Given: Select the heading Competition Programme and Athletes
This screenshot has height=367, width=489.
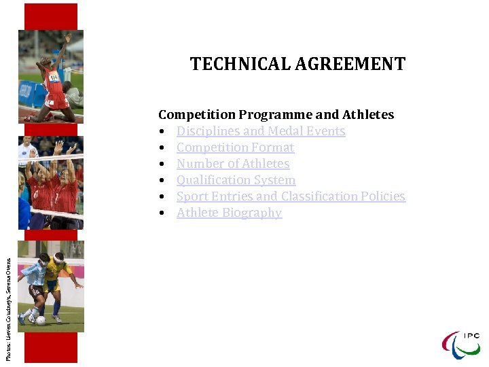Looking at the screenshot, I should [x=276, y=115].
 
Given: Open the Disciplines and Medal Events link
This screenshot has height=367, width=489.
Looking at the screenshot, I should [x=261, y=131].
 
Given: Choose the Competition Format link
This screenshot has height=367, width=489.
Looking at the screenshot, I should [x=235, y=147].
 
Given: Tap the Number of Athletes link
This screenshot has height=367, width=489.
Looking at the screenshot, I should [x=233, y=164].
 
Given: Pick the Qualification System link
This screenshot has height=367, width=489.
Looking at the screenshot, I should [x=236, y=180].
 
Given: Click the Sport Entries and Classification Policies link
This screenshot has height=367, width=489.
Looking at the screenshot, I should [x=291, y=196].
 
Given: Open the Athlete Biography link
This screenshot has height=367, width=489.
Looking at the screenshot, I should [x=229, y=213].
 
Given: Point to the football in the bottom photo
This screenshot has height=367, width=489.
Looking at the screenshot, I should [x=41, y=319].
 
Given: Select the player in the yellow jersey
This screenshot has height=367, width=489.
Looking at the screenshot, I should [x=58, y=279].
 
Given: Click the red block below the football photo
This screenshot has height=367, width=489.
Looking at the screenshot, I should [x=51, y=347].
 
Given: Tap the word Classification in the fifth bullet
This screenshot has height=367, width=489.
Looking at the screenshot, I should [x=326, y=196].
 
